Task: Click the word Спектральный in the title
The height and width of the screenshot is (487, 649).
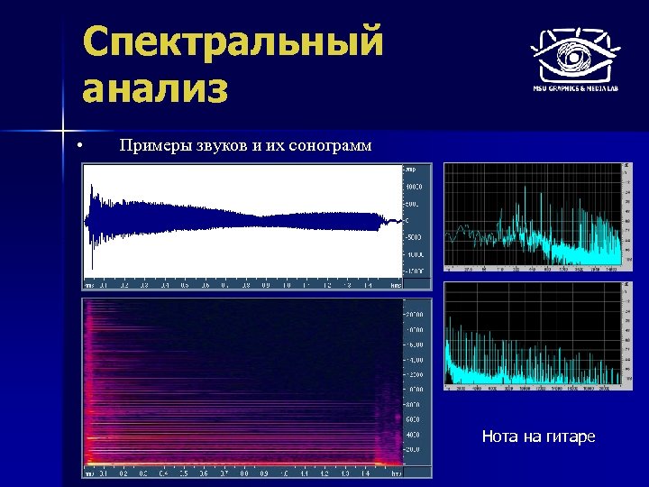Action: pos(233,42)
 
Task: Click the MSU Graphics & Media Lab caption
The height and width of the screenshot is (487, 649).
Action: pos(573,89)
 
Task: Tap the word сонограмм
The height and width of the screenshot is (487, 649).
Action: pos(328,146)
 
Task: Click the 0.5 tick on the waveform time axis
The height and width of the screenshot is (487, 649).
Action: pos(185,284)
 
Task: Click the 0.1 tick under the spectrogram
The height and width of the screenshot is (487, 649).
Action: pos(104,473)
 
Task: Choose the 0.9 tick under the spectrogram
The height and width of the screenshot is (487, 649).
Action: pos(265,473)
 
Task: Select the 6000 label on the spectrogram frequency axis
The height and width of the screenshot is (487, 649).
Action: pos(411,419)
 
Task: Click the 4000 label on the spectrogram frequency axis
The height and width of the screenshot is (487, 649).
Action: pos(411,434)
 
